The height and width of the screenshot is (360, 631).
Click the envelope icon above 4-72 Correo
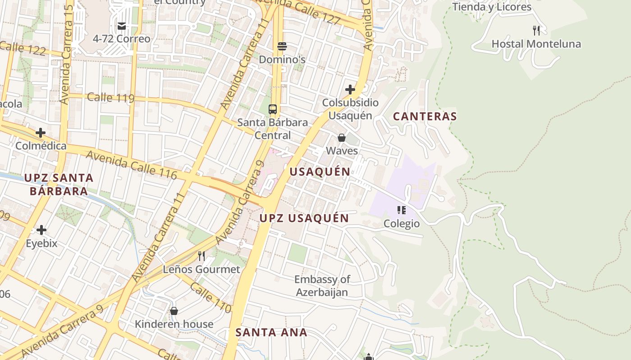click(x=121, y=26)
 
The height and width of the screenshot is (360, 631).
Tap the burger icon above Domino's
click(x=282, y=46)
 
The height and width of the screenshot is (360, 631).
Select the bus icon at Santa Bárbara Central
click(x=273, y=109)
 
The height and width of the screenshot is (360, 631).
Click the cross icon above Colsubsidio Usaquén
click(x=350, y=90)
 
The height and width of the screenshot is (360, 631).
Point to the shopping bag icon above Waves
click(x=342, y=138)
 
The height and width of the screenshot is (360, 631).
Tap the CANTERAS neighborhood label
click(x=425, y=117)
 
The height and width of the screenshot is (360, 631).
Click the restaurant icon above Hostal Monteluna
click(x=536, y=31)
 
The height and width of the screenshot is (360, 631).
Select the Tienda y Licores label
click(x=492, y=7)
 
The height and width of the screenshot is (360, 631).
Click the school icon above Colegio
click(x=401, y=210)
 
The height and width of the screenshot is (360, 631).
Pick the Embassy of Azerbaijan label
click(x=322, y=286)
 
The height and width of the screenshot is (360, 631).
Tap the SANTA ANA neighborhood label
click(x=271, y=333)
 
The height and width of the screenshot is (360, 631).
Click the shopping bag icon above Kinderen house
click(x=174, y=311)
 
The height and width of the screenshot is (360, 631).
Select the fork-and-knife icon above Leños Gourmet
click(x=201, y=256)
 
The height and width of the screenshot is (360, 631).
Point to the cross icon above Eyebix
click(x=41, y=230)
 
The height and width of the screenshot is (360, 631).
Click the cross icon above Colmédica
click(x=41, y=133)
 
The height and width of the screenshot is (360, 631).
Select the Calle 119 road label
click(x=111, y=98)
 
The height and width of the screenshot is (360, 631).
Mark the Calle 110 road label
click(x=210, y=297)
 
